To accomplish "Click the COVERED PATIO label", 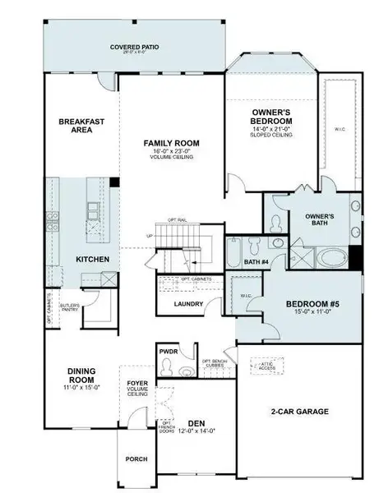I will tap(135, 48).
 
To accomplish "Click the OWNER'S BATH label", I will tap(318, 220).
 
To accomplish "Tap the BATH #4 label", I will tap(257, 262).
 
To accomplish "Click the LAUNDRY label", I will tap(189, 304).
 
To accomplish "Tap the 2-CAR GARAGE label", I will tap(300, 411).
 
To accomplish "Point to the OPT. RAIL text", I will tap(178, 220).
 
